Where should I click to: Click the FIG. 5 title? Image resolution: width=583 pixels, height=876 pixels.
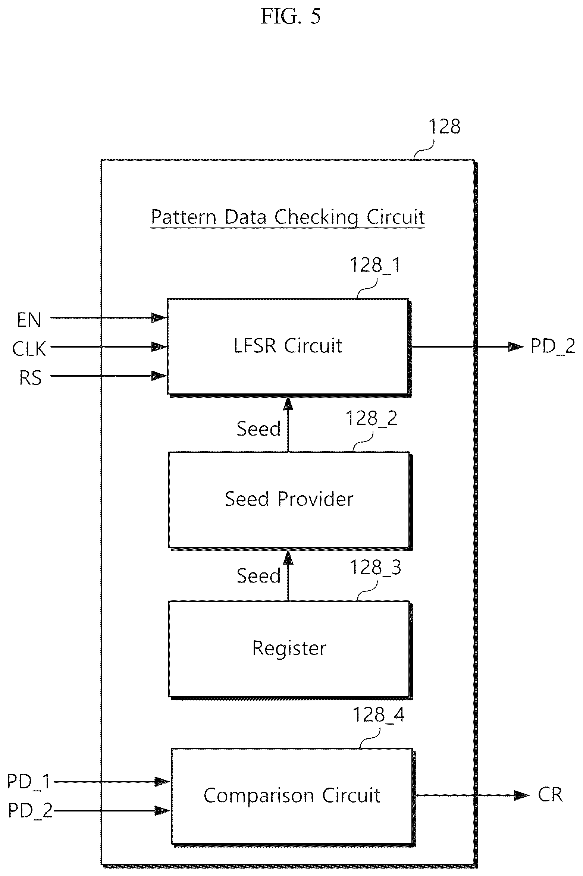[291, 17]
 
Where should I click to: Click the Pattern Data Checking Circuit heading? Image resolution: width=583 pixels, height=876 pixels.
[288, 217]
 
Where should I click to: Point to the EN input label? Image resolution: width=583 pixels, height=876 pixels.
[29, 320]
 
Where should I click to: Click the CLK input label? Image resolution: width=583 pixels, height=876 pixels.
[29, 349]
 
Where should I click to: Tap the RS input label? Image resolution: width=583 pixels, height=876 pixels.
[30, 378]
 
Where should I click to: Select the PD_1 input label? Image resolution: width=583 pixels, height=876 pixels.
[29, 782]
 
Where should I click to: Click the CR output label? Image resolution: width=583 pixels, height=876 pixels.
[550, 795]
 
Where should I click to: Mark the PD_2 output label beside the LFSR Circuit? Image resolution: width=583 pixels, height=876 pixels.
[553, 346]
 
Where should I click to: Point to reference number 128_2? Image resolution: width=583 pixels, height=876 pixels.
[372, 418]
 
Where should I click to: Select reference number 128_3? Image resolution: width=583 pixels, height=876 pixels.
[375, 568]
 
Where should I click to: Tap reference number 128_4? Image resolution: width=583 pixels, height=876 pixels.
[379, 715]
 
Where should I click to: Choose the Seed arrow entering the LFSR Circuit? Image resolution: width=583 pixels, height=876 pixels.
[288, 424]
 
